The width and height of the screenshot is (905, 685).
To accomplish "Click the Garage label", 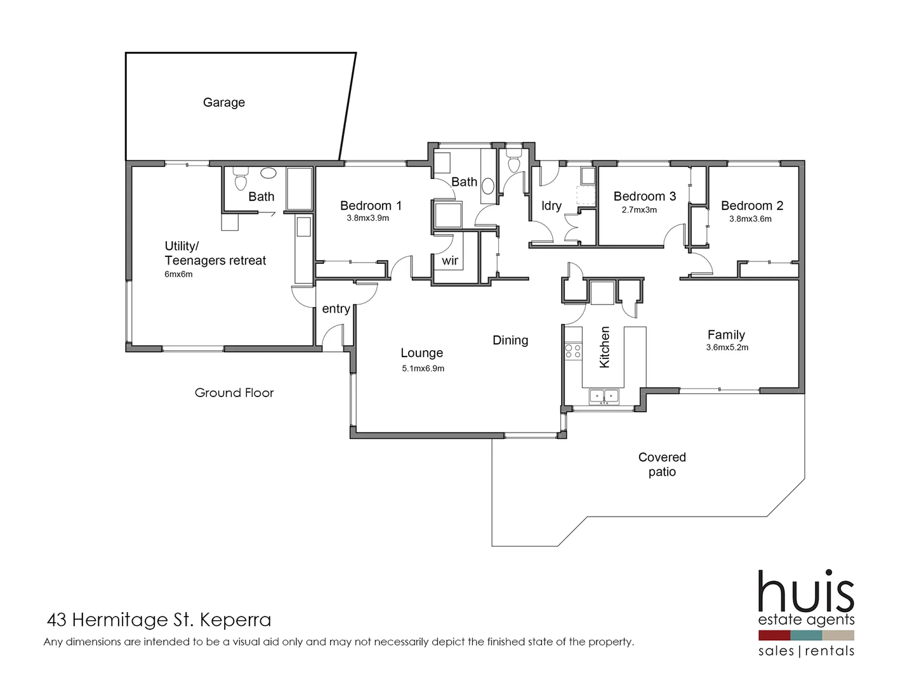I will pyautogui.click(x=223, y=102).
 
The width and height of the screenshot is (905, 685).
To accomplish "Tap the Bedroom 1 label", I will pyautogui.click(x=371, y=205).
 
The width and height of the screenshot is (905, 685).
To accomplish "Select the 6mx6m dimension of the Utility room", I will pyautogui.click(x=178, y=275).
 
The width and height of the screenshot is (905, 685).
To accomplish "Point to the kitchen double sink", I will pyautogui.click(x=604, y=396).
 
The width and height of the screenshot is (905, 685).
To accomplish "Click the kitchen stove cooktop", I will pyautogui.click(x=572, y=351).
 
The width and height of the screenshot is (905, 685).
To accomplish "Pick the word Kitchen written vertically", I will pyautogui.click(x=604, y=347).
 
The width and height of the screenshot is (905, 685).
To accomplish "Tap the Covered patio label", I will pyautogui.click(x=662, y=464).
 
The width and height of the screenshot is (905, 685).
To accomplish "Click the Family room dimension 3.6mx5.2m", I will pyautogui.click(x=727, y=348).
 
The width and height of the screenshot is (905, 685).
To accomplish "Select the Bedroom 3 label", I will pyautogui.click(x=644, y=197).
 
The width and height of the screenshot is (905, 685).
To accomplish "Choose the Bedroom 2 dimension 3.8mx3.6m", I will pyautogui.click(x=750, y=219).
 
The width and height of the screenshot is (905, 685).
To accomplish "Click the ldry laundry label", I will pyautogui.click(x=551, y=205).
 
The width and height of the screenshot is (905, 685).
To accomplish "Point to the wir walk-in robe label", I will pyautogui.click(x=450, y=261).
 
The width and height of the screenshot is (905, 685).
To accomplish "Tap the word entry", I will pyautogui.click(x=336, y=309).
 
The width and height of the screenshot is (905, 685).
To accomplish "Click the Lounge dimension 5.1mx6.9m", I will pyautogui.click(x=423, y=369).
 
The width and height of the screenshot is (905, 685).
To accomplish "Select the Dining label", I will pyautogui.click(x=510, y=341).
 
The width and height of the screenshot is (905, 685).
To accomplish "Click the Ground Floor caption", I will pyautogui.click(x=234, y=393).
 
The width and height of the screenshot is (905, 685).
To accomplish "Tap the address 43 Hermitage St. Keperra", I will pyautogui.click(x=159, y=620).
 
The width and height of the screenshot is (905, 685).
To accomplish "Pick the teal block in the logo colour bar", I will pyautogui.click(x=806, y=635).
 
